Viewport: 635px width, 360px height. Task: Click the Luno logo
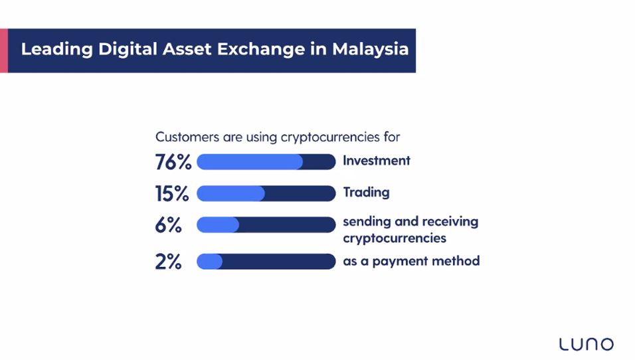[x=586, y=344]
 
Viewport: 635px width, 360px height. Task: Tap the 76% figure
[x=173, y=162]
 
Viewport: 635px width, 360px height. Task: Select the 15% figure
[x=172, y=193]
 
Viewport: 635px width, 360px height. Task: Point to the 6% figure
[x=168, y=225]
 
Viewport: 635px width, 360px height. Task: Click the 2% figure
[x=168, y=262]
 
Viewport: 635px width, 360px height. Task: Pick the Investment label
[x=377, y=161]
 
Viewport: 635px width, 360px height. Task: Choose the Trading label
[x=366, y=193]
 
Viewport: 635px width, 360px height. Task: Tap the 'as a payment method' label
[x=411, y=261]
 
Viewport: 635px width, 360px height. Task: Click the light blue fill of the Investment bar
[x=250, y=162]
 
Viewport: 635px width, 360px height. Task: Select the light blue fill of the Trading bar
[x=231, y=193]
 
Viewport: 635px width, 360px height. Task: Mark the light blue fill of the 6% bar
[x=218, y=225]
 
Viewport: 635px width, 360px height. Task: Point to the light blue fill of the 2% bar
[x=209, y=262]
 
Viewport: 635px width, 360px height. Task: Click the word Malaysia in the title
[x=370, y=49]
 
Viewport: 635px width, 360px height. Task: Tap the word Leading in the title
[x=57, y=50]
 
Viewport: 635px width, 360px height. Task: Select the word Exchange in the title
[x=261, y=49]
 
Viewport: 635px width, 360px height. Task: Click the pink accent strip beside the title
[x=3, y=50]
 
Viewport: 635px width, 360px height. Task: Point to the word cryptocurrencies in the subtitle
[x=330, y=137]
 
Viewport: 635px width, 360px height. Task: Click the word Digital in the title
[x=128, y=50]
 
